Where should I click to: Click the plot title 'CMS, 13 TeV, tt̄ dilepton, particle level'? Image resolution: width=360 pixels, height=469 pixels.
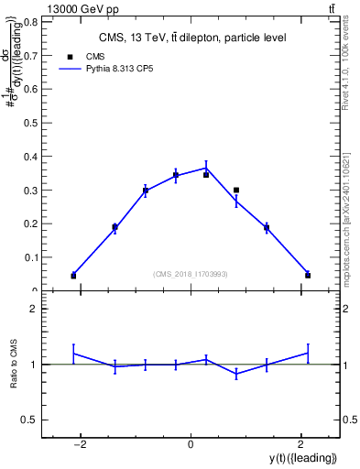[x=192, y=38]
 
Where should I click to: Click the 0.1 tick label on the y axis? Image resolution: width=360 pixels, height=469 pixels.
[x=33, y=257]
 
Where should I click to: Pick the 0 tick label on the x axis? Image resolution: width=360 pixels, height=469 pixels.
[x=191, y=444]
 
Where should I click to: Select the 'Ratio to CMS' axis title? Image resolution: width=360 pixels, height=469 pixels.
[x=15, y=365]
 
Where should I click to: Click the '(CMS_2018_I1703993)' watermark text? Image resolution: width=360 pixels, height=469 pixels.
[x=191, y=274]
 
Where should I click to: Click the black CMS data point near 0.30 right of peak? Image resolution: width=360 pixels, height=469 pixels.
[x=236, y=191]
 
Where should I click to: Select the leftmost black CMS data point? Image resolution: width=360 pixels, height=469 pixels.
[x=73, y=276]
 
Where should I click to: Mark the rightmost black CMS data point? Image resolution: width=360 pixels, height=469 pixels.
[x=308, y=275]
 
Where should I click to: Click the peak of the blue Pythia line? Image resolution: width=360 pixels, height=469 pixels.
[x=206, y=167]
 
